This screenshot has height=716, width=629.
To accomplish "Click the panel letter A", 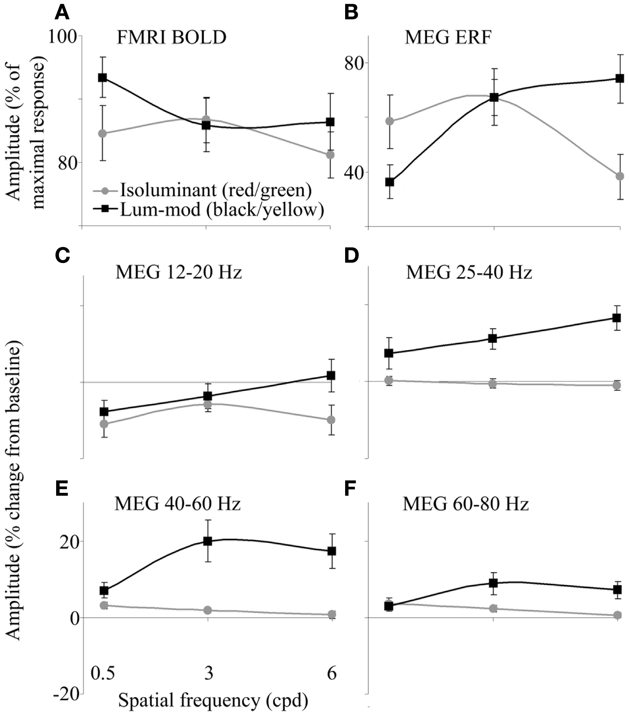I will [62, 14].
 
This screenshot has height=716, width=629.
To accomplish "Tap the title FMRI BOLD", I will [171, 38].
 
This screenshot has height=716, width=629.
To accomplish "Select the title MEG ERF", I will [448, 38].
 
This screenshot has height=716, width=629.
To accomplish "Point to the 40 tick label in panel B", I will [352, 172].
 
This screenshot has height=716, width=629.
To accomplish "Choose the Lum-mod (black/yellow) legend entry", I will [221, 209].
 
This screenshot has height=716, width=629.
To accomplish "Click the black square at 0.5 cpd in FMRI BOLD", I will [102, 77].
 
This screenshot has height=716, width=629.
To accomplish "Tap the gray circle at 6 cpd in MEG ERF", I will [620, 176].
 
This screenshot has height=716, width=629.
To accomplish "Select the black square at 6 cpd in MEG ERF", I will [620, 78].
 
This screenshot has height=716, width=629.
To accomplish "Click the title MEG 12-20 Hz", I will [178, 272].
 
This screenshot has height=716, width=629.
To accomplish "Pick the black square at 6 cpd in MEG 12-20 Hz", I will [330, 375].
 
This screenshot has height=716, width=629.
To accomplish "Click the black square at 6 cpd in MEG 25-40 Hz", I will [616, 318].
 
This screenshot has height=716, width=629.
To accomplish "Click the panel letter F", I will [351, 489].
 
